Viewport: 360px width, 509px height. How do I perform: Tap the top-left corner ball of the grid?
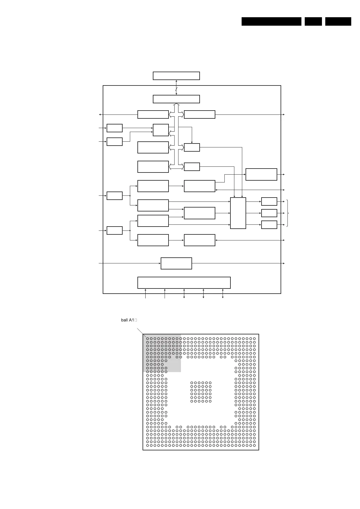147,339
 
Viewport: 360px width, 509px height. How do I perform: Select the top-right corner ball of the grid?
254,339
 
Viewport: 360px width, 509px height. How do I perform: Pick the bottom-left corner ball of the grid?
147,445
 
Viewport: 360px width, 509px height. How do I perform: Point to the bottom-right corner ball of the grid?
254,445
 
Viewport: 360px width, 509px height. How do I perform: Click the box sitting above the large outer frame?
176,76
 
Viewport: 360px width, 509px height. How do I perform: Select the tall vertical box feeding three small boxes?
238,213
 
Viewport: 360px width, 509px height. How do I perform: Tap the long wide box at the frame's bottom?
184,283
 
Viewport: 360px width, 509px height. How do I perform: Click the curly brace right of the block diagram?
288,213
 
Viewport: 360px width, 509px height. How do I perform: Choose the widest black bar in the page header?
271,21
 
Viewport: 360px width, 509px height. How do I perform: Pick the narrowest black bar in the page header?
313,21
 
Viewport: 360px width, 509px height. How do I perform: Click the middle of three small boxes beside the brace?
269,213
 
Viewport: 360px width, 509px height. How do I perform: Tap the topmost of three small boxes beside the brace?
269,201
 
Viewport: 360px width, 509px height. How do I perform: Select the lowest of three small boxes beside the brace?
269,225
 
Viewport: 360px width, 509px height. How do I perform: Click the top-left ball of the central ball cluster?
192,383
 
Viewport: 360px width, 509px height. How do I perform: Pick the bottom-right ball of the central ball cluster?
210,401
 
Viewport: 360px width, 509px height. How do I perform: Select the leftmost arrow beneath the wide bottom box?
146,294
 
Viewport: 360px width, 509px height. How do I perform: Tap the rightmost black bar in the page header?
338,21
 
